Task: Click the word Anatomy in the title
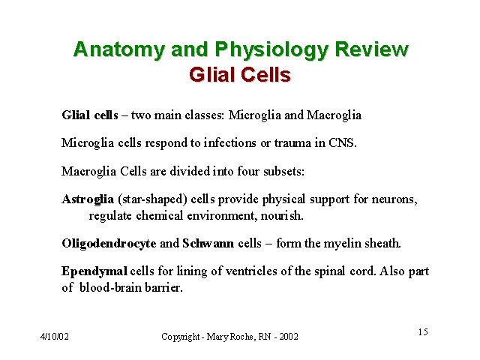click(119, 49)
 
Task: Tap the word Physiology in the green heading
click(271, 50)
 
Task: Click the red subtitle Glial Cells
click(240, 75)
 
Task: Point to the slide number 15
click(423, 331)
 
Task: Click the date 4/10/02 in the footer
click(55, 337)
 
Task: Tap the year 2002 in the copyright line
click(289, 337)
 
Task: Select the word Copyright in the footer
click(181, 337)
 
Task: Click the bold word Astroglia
click(88, 199)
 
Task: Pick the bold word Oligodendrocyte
click(109, 244)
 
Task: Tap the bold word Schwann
click(208, 243)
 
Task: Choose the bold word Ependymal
click(94, 271)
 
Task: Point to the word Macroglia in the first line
click(334, 115)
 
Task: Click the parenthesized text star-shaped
click(152, 199)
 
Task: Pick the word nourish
click(282, 216)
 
